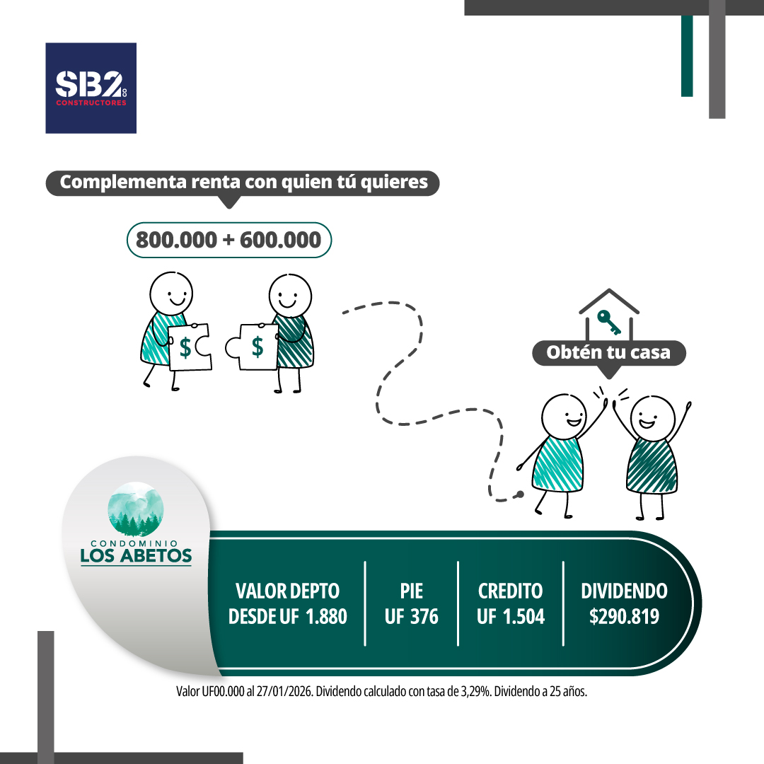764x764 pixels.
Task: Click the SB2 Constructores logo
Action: click(x=91, y=88)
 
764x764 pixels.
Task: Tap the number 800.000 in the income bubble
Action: click(x=176, y=241)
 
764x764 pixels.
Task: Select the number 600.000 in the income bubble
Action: click(x=280, y=241)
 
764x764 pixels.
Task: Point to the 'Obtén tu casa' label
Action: click(x=608, y=352)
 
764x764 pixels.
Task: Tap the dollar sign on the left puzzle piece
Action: click(x=185, y=347)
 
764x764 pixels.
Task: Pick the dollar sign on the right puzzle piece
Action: click(x=257, y=347)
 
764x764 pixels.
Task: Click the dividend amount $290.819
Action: click(x=624, y=616)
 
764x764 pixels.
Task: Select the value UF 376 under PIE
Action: click(x=412, y=616)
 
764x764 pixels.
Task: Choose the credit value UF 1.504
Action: click(x=511, y=616)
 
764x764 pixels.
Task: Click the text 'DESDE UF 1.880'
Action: click(x=288, y=616)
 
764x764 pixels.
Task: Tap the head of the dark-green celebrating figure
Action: click(x=653, y=417)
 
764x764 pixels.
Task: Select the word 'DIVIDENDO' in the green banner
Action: click(x=624, y=591)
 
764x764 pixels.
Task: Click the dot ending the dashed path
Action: click(x=521, y=493)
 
